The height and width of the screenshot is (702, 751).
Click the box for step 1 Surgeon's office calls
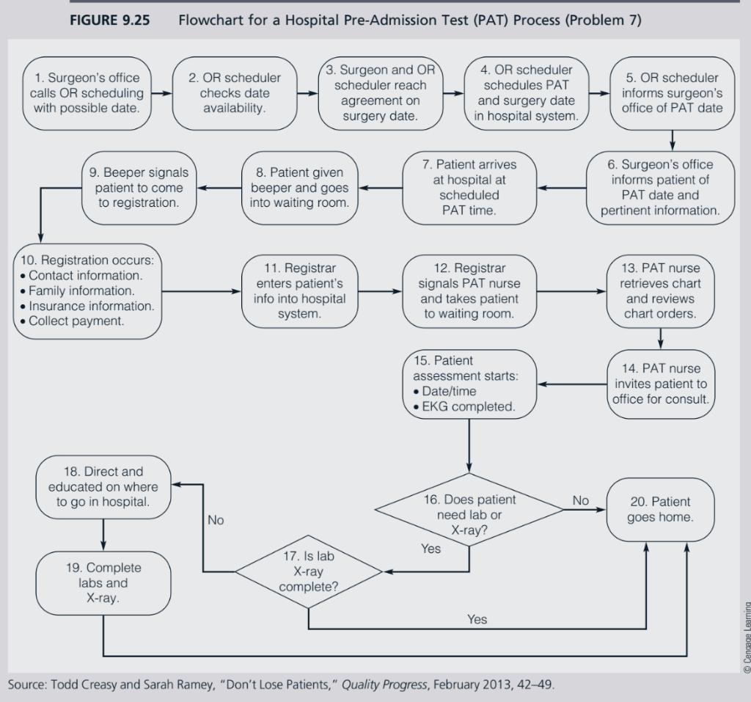tap(85, 93)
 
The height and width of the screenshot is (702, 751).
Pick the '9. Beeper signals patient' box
tap(139, 187)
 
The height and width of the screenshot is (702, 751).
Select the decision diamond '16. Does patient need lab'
tap(469, 514)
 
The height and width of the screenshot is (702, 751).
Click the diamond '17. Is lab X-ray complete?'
tap(308, 571)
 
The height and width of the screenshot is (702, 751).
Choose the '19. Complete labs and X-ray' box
tap(103, 583)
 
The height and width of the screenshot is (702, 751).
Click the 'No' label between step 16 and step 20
tap(580, 500)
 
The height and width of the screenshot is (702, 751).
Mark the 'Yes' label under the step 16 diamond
tap(431, 548)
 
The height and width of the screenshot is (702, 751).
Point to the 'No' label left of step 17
tap(216, 520)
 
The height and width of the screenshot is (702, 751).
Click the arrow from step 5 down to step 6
tap(671, 140)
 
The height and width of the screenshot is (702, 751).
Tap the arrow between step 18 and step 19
tap(103, 533)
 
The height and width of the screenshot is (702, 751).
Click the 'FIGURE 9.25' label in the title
tap(109, 20)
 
